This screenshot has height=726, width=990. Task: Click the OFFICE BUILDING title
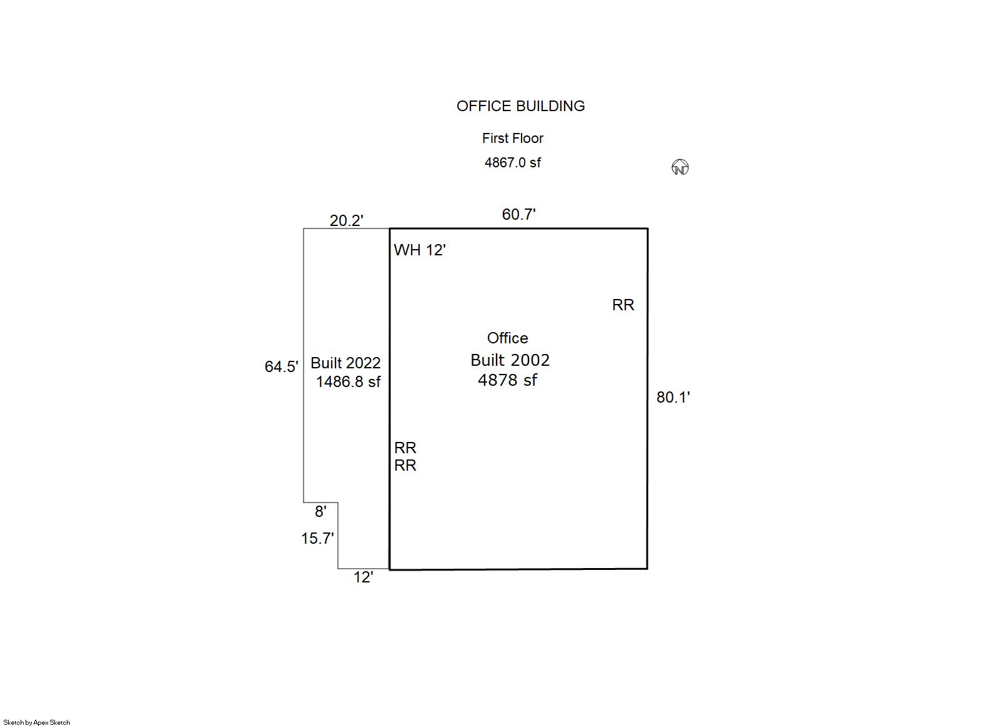point(520,106)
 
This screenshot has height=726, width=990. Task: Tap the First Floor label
point(512,138)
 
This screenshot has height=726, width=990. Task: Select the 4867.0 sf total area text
point(512,162)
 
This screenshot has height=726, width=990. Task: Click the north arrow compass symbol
point(680,167)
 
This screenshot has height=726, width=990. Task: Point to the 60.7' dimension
point(518,214)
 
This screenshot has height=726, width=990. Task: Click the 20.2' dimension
point(346,220)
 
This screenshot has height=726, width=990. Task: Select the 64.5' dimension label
point(281,366)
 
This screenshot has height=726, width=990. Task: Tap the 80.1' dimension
point(673,397)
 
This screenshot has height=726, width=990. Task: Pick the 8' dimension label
point(320,511)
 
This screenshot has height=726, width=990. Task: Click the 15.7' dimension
point(317,538)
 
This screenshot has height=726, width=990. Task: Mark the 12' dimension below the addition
point(363,577)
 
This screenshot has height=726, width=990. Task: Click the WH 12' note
point(420,250)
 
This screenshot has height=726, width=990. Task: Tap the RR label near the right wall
point(623,305)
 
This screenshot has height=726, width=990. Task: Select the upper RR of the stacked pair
point(405,448)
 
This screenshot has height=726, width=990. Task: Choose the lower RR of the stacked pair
point(405,465)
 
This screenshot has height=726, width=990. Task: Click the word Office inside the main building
point(507,338)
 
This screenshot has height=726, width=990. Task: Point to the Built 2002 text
point(510,360)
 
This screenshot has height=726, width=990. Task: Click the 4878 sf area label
point(507,380)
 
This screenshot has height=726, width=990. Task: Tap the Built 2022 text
point(345,363)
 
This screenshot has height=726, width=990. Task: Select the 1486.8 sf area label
point(348,381)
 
